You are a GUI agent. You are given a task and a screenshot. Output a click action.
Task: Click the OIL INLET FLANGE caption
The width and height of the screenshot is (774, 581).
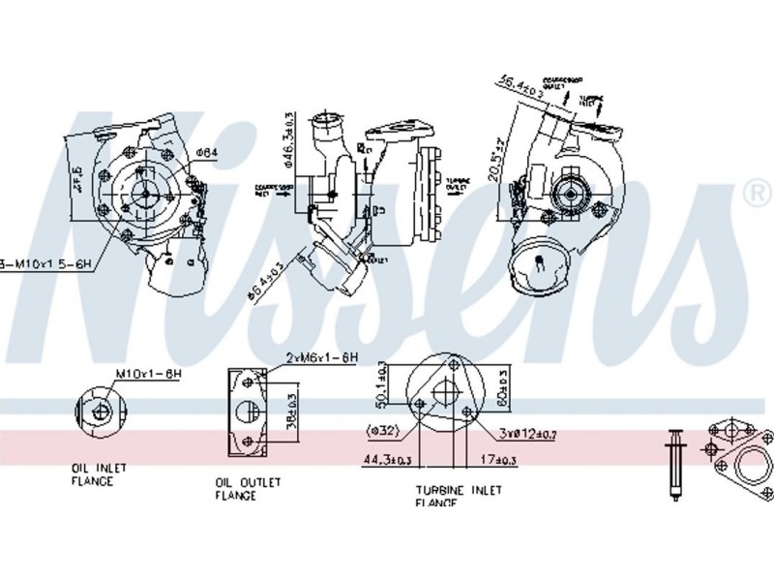[99, 474]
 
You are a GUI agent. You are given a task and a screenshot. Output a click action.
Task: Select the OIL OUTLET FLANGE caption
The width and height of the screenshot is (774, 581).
[248, 487]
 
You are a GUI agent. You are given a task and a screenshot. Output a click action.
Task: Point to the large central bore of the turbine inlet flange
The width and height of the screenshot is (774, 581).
[445, 392]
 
